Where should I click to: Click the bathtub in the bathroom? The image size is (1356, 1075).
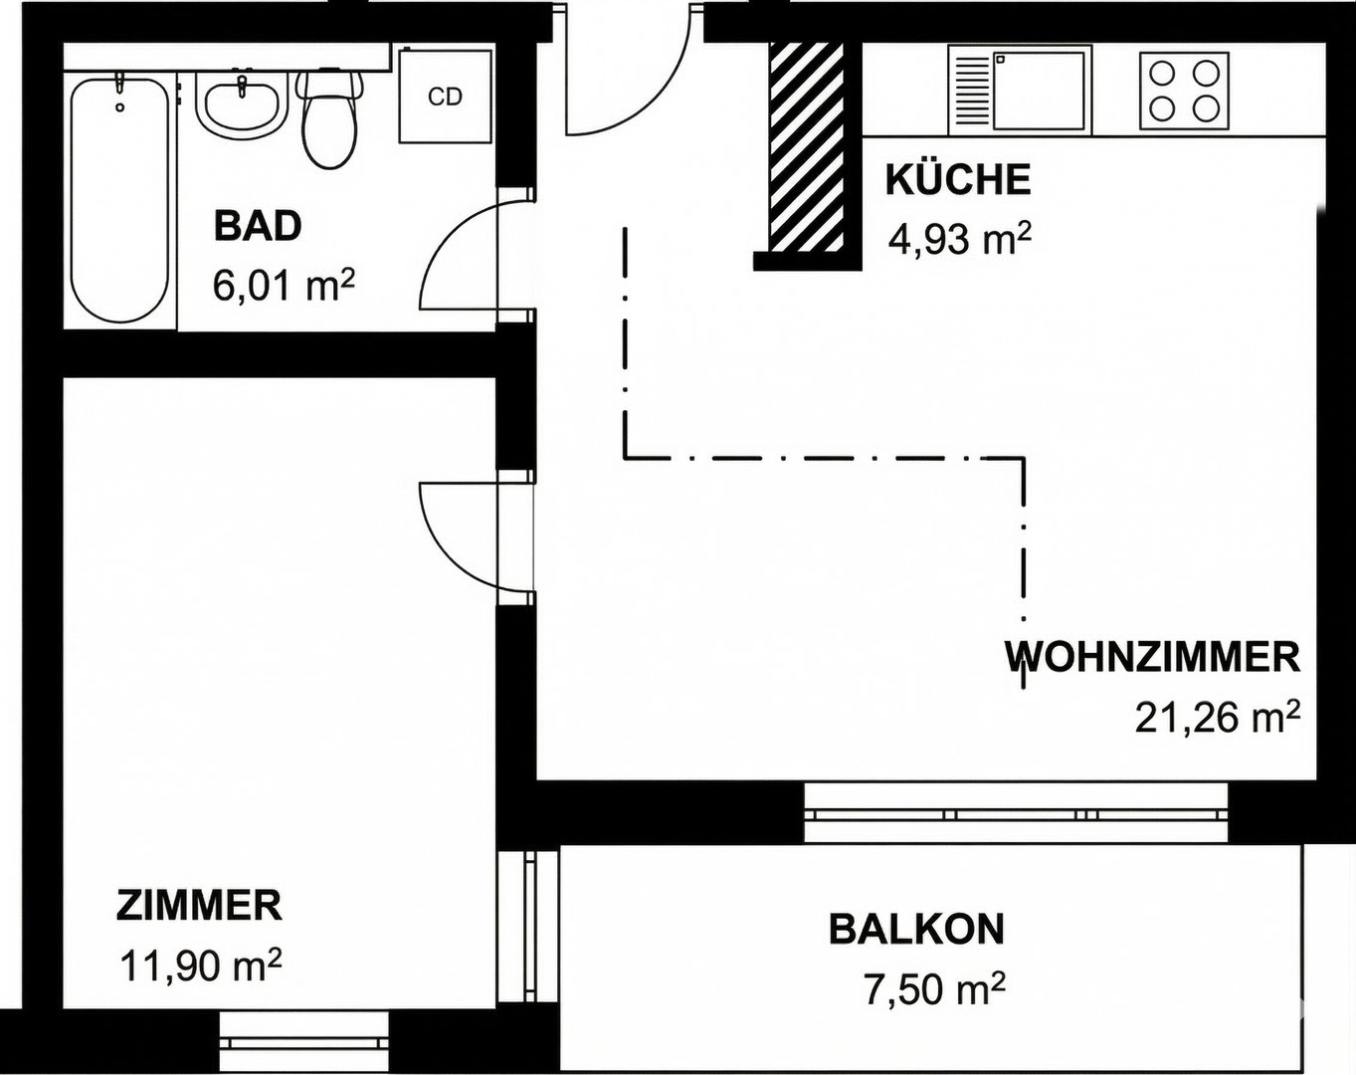point(118,199)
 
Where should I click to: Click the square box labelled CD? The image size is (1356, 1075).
point(445,96)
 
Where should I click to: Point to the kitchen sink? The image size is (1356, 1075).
point(1020,91)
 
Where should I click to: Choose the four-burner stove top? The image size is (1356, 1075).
point(1183,90)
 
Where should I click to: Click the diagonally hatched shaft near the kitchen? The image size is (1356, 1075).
point(807,147)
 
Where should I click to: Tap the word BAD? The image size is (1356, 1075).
point(258,227)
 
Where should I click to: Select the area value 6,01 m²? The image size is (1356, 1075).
point(284,287)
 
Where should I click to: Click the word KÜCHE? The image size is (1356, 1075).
point(957,180)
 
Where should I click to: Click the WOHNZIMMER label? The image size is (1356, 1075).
point(1152,658)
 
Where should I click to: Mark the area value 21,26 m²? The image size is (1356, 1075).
point(1218,717)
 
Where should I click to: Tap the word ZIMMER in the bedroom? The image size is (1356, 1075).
point(199,906)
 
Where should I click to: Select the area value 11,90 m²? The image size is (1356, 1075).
point(200,966)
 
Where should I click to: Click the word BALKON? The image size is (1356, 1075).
point(916,930)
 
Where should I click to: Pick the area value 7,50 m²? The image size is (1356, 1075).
point(934,990)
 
